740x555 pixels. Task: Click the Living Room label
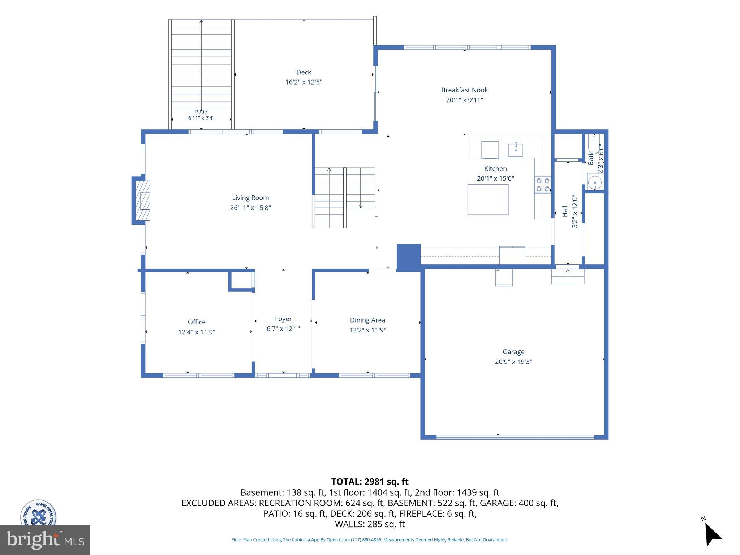point(250,198)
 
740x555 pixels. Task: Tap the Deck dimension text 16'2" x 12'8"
point(304,82)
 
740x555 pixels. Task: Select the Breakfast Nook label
point(464,90)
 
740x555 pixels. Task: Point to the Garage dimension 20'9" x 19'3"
point(513,362)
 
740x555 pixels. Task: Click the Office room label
point(197,322)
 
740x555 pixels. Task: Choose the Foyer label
point(283,319)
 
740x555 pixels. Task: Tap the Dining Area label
point(367,320)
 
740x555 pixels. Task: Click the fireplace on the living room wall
point(141,201)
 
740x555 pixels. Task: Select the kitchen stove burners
point(543,184)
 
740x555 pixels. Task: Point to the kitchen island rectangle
point(488,199)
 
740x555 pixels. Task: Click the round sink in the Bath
point(594,183)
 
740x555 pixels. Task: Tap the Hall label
point(565,211)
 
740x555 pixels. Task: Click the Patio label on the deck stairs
point(201,112)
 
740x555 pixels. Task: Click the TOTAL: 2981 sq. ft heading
point(370,482)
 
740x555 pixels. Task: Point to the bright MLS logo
point(45,540)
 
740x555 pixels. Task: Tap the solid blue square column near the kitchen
point(409,257)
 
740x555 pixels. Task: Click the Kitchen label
point(495,169)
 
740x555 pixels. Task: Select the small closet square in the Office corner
point(241,280)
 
